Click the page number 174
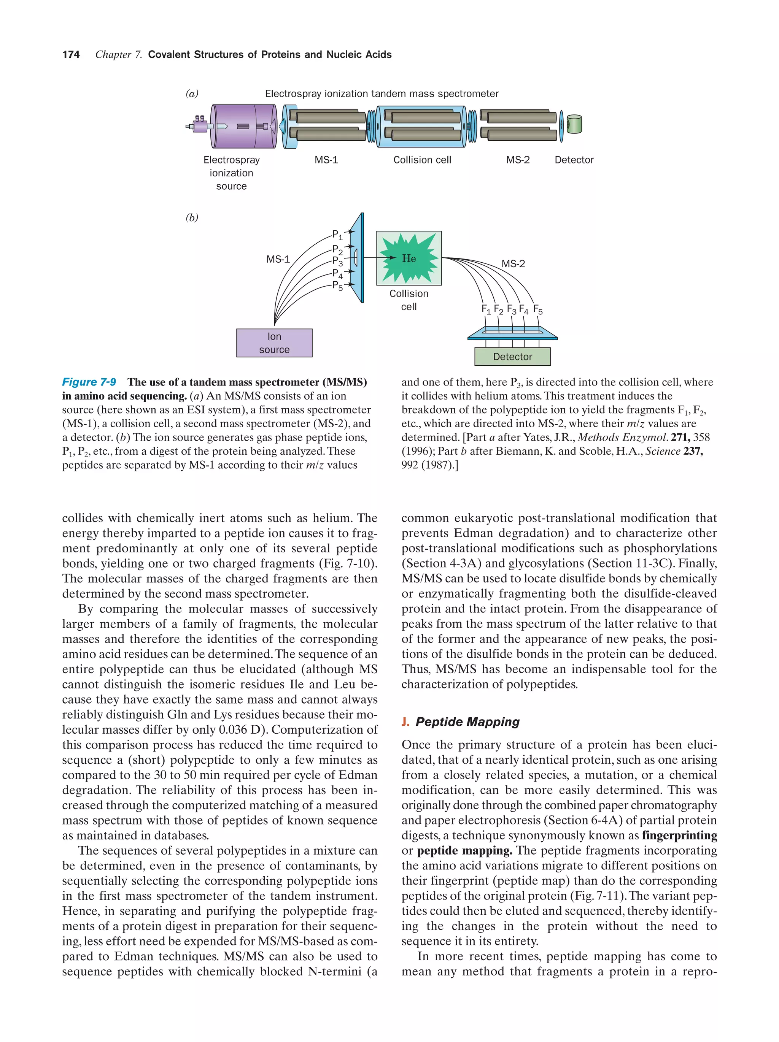71,55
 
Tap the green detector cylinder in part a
574,124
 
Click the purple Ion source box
274,343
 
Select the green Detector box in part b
512,357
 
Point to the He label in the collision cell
409,258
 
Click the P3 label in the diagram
337,261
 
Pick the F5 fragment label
538,310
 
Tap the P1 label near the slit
337,235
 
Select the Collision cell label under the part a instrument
422,160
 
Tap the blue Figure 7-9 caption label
89,382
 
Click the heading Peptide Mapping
467,722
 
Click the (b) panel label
192,217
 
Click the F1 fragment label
486,309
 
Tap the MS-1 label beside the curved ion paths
278,259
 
